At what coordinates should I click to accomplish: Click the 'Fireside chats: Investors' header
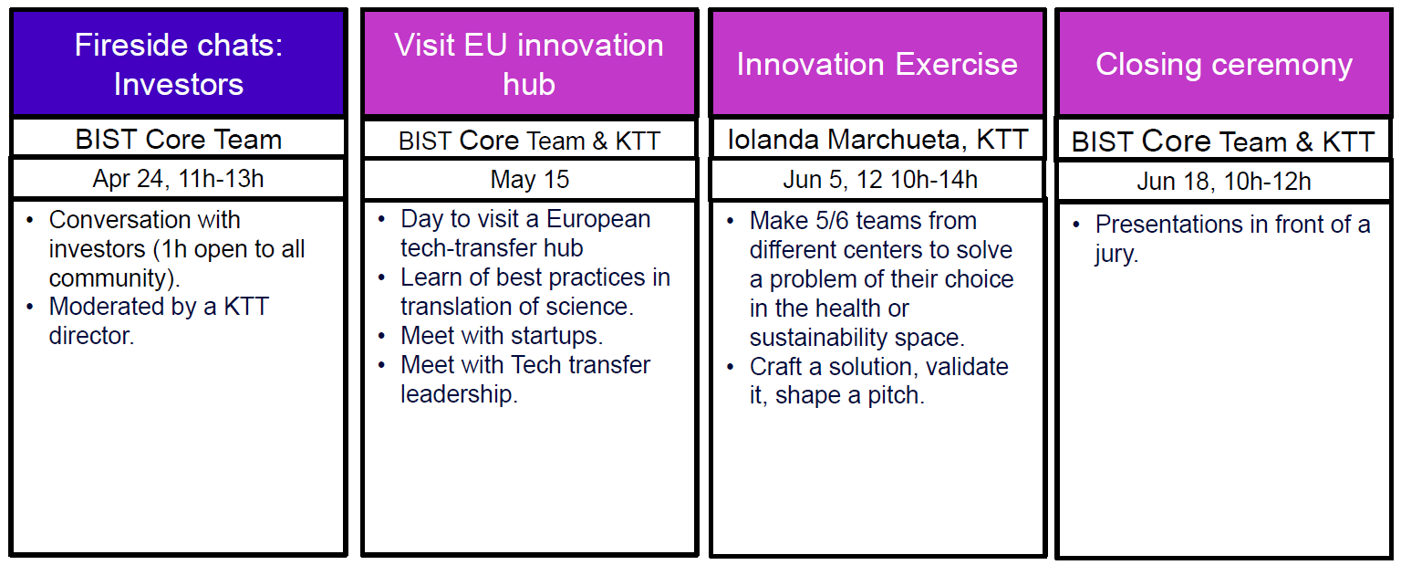pyautogui.click(x=178, y=64)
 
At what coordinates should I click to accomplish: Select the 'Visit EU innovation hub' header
pyautogui.click(x=529, y=64)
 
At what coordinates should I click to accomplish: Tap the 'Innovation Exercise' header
pyautogui.click(x=877, y=64)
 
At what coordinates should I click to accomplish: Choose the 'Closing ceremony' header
pyautogui.click(x=1224, y=65)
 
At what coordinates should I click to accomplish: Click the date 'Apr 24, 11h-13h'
pyautogui.click(x=178, y=179)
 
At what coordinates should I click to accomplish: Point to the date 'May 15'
pyautogui.click(x=530, y=180)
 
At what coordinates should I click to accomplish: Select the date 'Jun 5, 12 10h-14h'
pyautogui.click(x=880, y=180)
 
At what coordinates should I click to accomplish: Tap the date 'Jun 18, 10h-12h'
pyautogui.click(x=1224, y=182)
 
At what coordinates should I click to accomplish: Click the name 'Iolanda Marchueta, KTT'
pyautogui.click(x=878, y=139)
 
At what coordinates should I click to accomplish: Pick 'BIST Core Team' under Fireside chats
pyautogui.click(x=178, y=139)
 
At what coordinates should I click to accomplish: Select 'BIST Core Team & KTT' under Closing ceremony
pyautogui.click(x=1223, y=141)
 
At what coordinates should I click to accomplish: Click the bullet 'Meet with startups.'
pyautogui.click(x=502, y=336)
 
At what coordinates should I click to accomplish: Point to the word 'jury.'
pyautogui.click(x=1116, y=254)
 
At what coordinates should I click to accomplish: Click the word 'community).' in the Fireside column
pyautogui.click(x=114, y=278)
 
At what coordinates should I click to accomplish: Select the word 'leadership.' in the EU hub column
pyautogui.click(x=459, y=394)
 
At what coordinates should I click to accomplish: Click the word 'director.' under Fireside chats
pyautogui.click(x=91, y=336)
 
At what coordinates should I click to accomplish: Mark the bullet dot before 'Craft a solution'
pyautogui.click(x=730, y=367)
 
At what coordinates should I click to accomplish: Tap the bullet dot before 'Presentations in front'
pyautogui.click(x=1075, y=225)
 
